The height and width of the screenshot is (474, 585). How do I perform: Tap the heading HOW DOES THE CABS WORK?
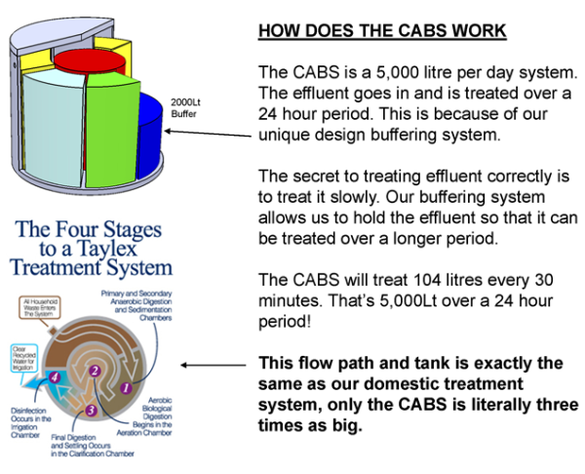(x=381, y=31)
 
